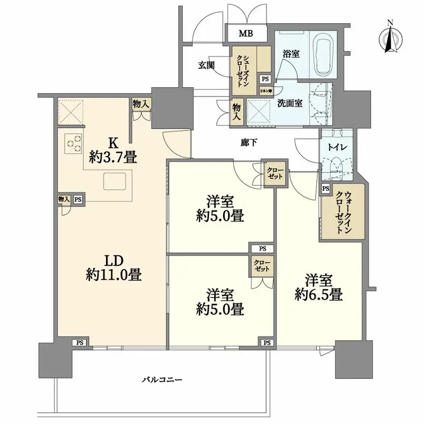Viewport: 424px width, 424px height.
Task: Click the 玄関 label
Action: (x=207, y=65)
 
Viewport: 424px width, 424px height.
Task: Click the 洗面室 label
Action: (x=290, y=103)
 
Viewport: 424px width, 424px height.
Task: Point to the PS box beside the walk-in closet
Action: (x=325, y=189)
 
